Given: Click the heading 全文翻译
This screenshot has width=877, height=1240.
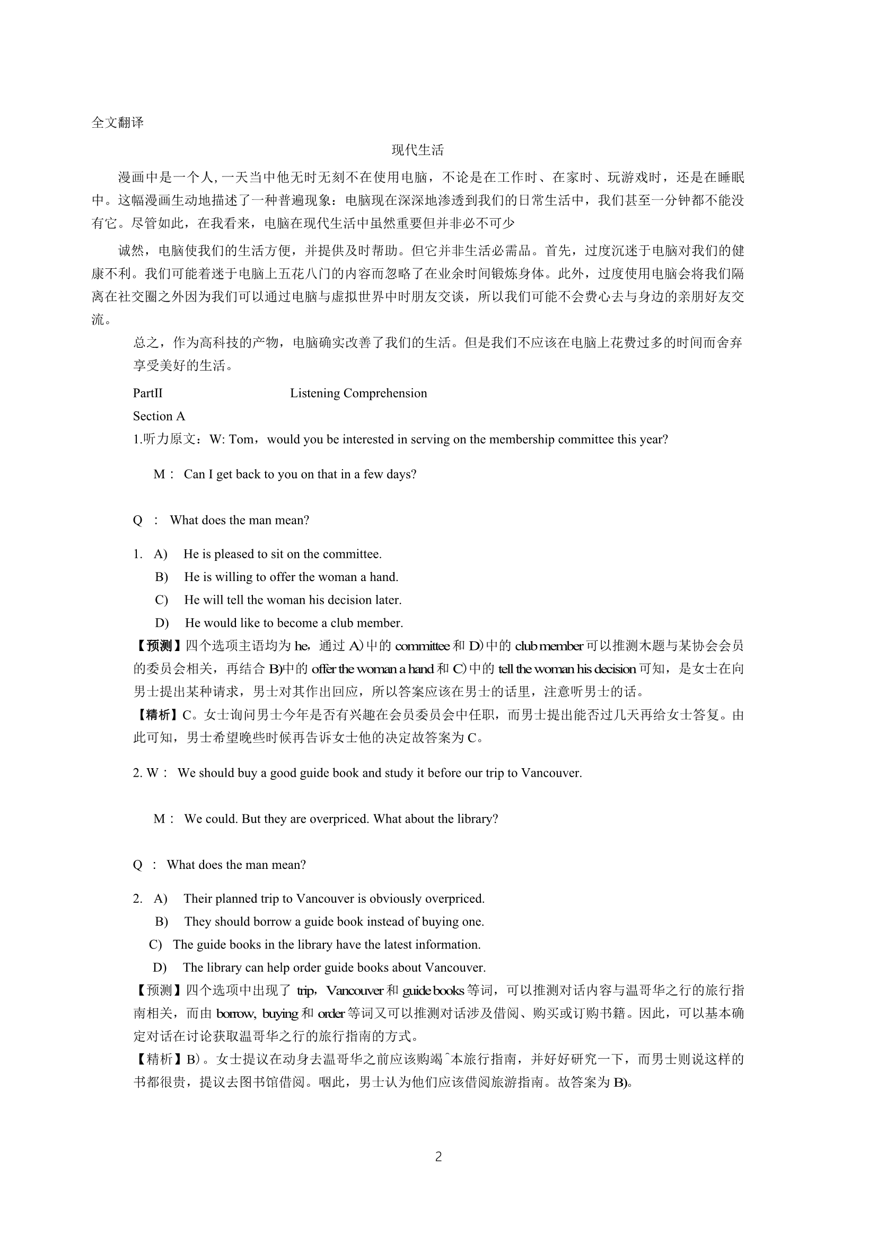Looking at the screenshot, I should tap(117, 122).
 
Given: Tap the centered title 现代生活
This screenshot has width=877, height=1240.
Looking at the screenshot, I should tap(417, 150).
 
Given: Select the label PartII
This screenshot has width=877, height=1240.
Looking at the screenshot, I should tap(147, 393).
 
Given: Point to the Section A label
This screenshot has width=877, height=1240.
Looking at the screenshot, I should tap(159, 416).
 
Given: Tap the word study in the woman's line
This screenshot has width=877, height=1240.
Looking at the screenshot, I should tap(398, 773).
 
